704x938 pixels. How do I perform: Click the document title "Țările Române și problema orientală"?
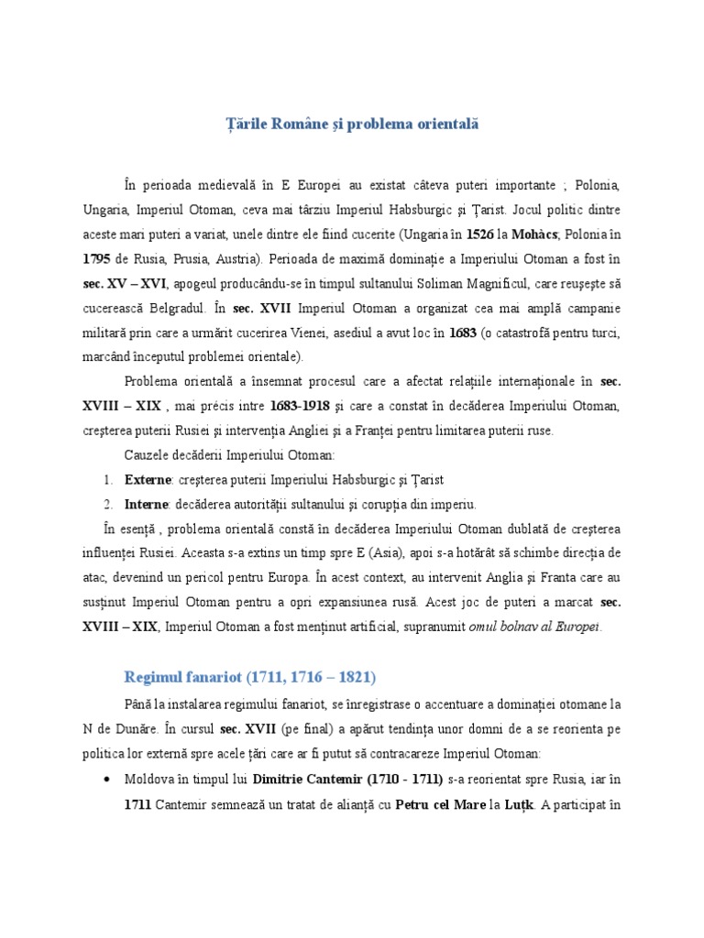coord(352,123)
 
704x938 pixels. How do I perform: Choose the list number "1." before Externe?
coord(108,479)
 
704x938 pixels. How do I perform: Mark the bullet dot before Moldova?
coord(108,780)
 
